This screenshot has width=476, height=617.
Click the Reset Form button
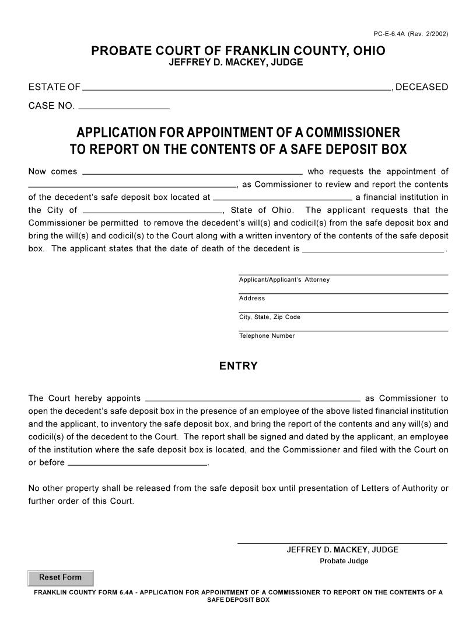pos(60,578)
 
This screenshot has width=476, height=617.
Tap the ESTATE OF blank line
pos(236,88)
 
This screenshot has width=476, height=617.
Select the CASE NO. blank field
pos(124,106)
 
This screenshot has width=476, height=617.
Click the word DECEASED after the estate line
pos(422,87)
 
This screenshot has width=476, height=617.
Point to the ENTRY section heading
pos(238,366)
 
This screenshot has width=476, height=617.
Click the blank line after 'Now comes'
pos(192,172)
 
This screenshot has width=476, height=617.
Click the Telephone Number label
pos(267,336)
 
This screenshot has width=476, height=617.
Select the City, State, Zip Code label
pos(269,317)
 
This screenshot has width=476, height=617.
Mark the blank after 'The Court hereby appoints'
pos(252,398)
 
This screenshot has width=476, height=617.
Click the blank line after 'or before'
pos(138,463)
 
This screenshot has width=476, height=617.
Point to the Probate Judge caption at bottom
pos(344,561)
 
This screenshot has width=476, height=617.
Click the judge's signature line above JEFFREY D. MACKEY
pos(342,543)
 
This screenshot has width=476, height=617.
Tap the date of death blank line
pos(373,249)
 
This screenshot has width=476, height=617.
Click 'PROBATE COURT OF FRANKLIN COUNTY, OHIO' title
pos(238,51)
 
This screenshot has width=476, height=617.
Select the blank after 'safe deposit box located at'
pos(282,197)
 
